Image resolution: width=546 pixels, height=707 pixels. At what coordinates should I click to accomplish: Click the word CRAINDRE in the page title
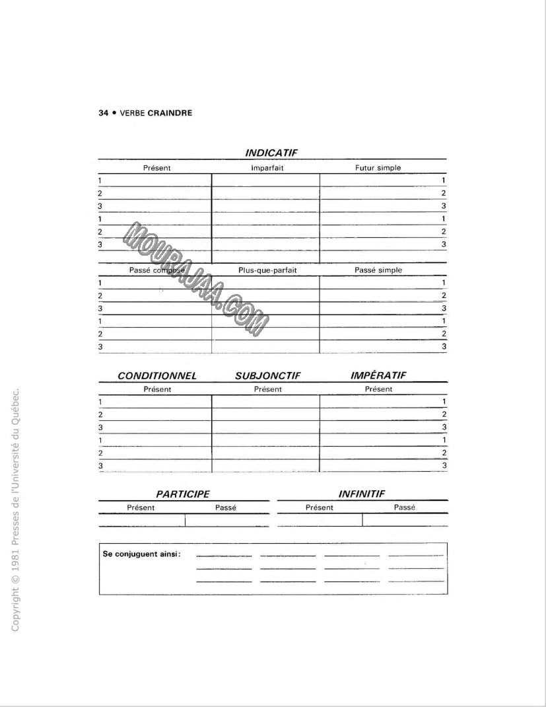click(170, 112)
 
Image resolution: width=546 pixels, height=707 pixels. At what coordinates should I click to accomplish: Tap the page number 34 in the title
click(103, 112)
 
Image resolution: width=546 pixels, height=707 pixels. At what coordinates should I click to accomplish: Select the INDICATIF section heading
click(272, 153)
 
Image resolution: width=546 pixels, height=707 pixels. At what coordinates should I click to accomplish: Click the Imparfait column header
click(267, 168)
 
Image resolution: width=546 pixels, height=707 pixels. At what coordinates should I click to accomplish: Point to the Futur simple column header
click(378, 168)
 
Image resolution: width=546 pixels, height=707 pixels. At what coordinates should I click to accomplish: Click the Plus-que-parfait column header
click(267, 270)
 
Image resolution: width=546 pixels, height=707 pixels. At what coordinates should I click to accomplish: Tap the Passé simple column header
click(378, 270)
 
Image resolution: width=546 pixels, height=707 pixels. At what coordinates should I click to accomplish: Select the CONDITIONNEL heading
click(157, 376)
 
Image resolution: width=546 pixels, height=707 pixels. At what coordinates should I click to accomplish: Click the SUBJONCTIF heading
click(267, 376)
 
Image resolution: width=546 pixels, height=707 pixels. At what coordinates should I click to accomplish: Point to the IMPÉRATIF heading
click(378, 376)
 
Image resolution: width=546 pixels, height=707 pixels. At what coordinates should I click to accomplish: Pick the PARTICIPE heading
click(183, 494)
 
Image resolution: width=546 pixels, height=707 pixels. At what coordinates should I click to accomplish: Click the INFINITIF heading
click(361, 494)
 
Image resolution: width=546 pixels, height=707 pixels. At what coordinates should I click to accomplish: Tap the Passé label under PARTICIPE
click(226, 507)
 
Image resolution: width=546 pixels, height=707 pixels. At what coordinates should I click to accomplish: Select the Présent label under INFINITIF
click(320, 507)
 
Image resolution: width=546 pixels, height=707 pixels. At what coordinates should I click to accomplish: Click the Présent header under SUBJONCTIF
click(267, 389)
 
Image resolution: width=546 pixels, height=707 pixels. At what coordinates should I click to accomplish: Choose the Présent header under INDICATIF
click(157, 168)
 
